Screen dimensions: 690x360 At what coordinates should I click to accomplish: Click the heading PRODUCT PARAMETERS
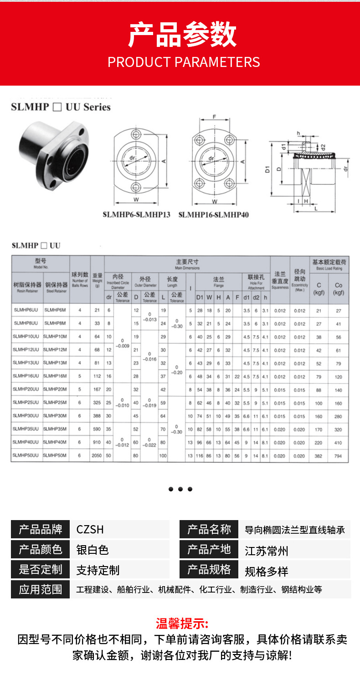[184, 62]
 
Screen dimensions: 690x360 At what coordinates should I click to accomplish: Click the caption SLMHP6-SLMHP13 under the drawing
[136, 214]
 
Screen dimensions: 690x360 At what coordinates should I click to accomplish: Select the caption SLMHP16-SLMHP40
[213, 214]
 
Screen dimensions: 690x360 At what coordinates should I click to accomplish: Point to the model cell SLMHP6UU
[27, 310]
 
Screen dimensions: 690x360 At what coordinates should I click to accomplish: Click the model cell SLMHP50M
[55, 455]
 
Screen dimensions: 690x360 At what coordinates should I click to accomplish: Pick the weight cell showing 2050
[97, 455]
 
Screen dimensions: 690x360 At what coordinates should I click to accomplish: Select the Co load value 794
[339, 455]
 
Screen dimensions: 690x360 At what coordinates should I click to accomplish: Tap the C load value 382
[319, 455]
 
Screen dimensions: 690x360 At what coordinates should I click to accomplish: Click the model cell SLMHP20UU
[27, 389]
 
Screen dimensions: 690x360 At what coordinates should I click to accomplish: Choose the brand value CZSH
[90, 529]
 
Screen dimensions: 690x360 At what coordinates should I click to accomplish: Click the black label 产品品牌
[41, 529]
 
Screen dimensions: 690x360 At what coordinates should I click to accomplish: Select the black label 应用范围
[41, 589]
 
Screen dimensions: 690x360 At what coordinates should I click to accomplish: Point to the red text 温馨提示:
[182, 623]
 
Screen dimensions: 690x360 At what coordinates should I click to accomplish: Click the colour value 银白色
[93, 550]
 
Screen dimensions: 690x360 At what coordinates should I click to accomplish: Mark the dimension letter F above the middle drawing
[214, 117]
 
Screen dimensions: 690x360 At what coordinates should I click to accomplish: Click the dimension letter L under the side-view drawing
[315, 209]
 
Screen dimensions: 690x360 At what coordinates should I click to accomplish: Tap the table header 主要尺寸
[187, 262]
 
